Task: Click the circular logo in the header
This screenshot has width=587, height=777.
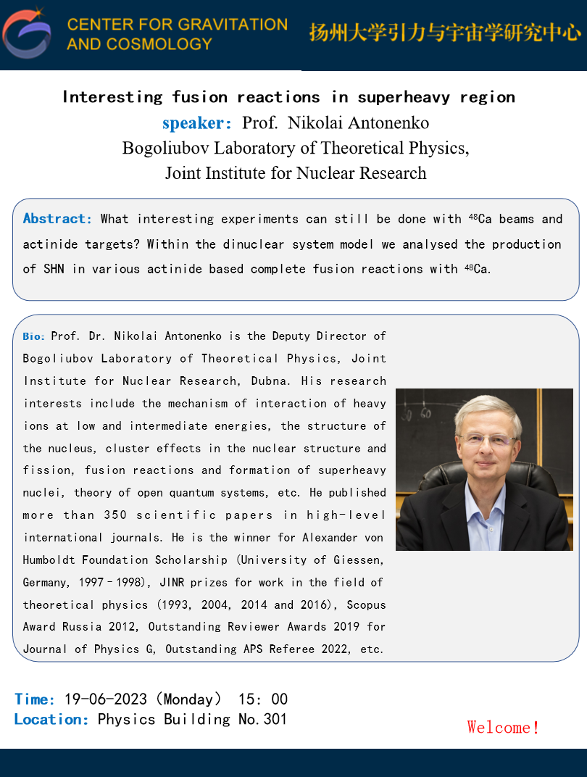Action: pos(27,33)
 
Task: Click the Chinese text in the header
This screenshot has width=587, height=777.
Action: pos(445,33)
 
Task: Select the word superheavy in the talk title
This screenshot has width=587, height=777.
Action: pos(394,97)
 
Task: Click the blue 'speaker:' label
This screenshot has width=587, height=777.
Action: pos(197,123)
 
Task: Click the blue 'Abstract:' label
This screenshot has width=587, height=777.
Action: pos(58,219)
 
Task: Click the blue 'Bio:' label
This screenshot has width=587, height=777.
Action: pos(34,336)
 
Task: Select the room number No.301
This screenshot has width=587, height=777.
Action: pos(262,720)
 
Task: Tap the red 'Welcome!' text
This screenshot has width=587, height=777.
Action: pos(503,727)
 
